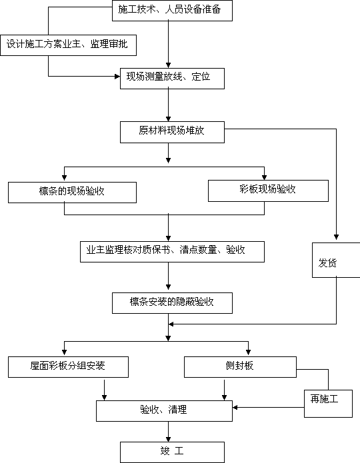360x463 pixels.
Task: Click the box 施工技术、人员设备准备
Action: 172,11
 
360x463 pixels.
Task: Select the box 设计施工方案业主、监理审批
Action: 68,45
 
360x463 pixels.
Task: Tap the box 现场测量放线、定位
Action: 172,78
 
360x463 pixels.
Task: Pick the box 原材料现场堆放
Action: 172,132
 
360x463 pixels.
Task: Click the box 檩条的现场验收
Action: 73,193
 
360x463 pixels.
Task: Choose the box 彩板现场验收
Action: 269,191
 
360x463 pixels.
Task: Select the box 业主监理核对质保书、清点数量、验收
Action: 172,252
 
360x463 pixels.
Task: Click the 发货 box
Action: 336,260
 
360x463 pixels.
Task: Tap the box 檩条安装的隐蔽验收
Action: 172,303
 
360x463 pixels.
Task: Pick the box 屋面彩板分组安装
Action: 68,367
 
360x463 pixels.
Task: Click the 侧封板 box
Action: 240,367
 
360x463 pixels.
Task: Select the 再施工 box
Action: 329,404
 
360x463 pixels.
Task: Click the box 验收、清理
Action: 165,411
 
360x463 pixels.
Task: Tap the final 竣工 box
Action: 172,452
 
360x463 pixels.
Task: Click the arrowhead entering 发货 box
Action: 337,236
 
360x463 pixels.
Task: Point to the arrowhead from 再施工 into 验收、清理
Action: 235,408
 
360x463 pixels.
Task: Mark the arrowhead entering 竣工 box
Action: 169,439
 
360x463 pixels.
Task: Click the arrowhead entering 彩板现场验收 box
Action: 264,177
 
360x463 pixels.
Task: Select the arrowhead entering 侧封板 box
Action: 248,352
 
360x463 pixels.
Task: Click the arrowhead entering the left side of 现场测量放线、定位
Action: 117,77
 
